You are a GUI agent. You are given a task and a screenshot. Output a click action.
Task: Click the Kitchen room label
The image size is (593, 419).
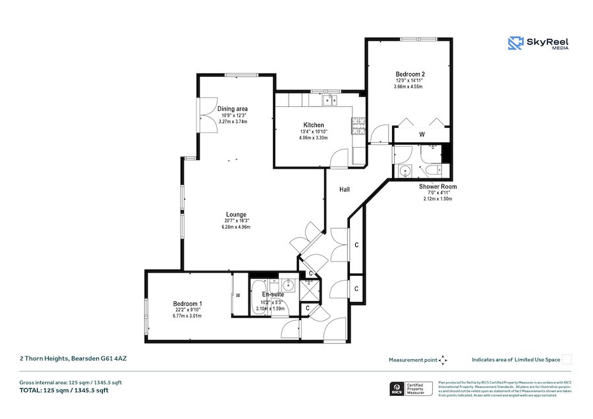pyautogui.click(x=313, y=125)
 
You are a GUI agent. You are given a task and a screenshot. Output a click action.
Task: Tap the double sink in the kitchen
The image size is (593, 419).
pyautogui.click(x=329, y=101)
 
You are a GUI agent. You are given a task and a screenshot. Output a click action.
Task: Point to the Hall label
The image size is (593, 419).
pyautogui.click(x=345, y=190)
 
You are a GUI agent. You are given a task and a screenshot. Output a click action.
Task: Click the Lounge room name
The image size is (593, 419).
pyautogui.click(x=236, y=214)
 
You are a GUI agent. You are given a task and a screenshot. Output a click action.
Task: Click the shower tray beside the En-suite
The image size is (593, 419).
pyautogui.click(x=308, y=289)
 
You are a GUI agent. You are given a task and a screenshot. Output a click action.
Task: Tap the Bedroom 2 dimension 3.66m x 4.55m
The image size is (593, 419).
pyautogui.click(x=408, y=87)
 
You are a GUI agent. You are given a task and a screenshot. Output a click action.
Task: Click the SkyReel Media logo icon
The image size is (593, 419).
pyautogui.click(x=515, y=43)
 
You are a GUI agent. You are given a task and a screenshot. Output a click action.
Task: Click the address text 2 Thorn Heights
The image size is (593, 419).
pyautogui.click(x=59, y=359)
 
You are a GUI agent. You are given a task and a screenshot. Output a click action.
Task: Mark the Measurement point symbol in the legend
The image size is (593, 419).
pyautogui.click(x=443, y=360)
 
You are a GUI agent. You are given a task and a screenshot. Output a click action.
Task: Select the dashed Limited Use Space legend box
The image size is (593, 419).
pyautogui.click(x=567, y=360)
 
